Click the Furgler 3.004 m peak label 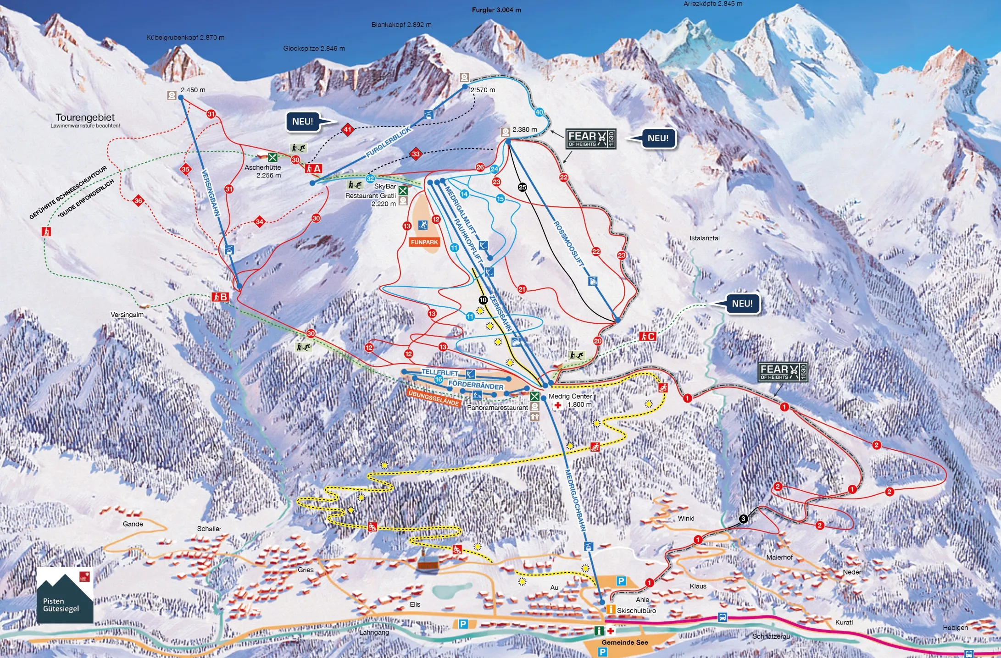496,10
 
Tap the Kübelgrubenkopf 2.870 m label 185,37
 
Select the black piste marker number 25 522,187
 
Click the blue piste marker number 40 539,112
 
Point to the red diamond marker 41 348,129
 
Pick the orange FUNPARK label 424,242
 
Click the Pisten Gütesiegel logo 65,596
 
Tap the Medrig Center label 570,396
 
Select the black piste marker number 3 743,519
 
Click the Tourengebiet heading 85,117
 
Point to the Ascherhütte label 262,167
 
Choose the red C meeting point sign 647,336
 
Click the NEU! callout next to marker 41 303,122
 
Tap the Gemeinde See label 625,642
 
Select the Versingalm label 127,315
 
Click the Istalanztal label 704,238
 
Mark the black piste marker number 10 483,300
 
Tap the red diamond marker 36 138,200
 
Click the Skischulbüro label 636,610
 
